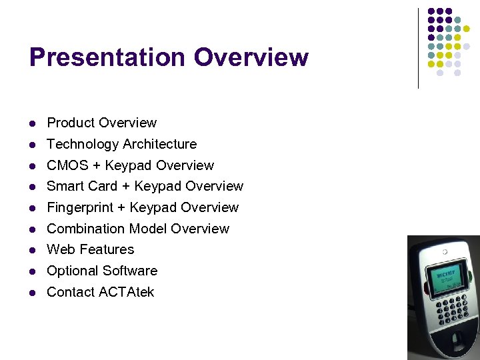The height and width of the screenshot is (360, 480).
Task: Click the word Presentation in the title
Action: tap(107, 57)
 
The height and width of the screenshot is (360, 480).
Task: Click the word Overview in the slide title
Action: tap(251, 57)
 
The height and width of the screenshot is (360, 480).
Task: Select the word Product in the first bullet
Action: tap(70, 123)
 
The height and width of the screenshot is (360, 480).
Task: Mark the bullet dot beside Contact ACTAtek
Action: tap(32, 293)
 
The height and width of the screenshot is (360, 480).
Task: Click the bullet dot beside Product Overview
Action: tap(32, 123)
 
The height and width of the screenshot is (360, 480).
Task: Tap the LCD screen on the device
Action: tap(444, 279)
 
